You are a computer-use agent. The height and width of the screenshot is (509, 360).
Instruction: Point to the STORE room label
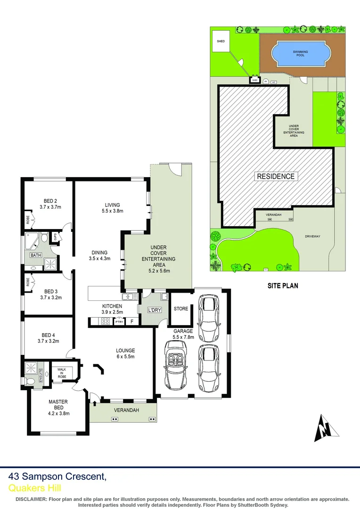[x=181, y=309]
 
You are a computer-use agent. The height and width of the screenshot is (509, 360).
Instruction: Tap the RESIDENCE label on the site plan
[x=276, y=176]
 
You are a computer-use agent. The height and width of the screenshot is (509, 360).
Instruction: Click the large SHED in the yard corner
[x=221, y=41]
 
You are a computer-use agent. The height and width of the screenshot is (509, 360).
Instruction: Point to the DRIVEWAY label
[x=312, y=237]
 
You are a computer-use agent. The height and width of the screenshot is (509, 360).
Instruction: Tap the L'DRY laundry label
[x=155, y=310]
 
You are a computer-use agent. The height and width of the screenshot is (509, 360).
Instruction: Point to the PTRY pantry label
[x=120, y=322]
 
